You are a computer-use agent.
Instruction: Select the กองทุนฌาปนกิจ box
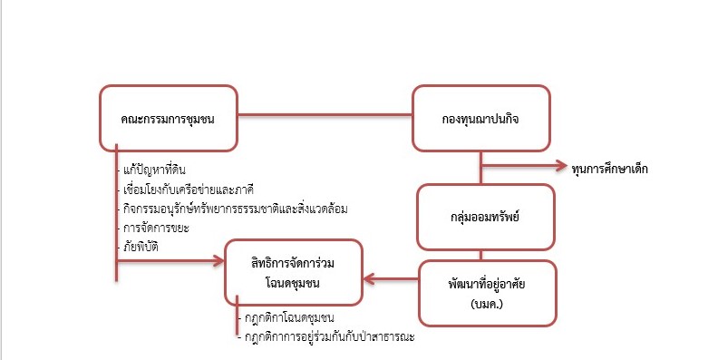pyautogui.click(x=480, y=117)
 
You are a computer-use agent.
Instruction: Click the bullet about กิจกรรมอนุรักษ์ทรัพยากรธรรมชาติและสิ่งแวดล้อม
pyautogui.click(x=236, y=209)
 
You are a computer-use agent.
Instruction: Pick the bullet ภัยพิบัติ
pyautogui.click(x=144, y=247)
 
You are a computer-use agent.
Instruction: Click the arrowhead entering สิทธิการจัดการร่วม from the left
pyautogui.click(x=217, y=261)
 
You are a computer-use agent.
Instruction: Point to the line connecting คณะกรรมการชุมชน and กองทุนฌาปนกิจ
pyautogui.click(x=325, y=115)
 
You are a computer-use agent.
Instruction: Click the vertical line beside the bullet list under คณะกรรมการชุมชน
pyautogui.click(x=116, y=209)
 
